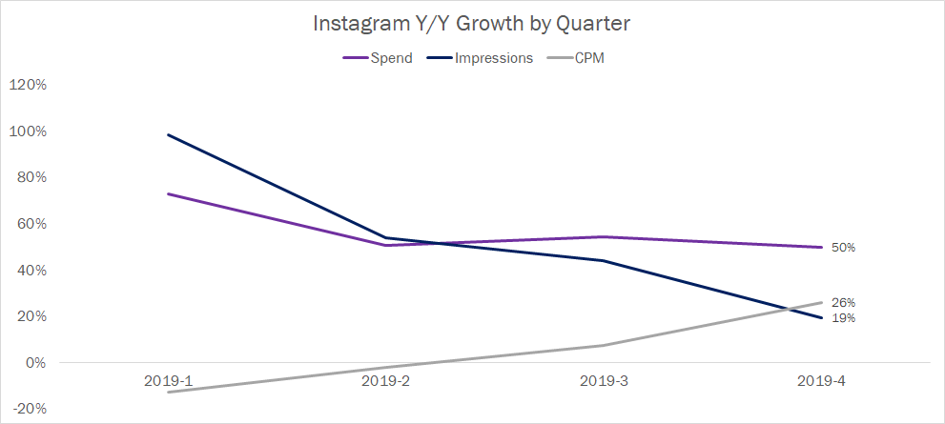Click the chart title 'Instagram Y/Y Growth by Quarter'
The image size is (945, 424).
pyautogui.click(x=473, y=24)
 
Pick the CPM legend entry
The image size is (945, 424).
pyautogui.click(x=589, y=58)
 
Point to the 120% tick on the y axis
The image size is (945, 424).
pyautogui.click(x=28, y=85)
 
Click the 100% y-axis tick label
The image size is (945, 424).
pyautogui.click(x=28, y=131)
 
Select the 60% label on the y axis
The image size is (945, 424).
pyautogui.click(x=31, y=224)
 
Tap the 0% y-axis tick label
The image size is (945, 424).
pyautogui.click(x=34, y=363)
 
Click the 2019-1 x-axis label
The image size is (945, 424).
pyautogui.click(x=168, y=381)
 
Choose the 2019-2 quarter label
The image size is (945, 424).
pyautogui.click(x=385, y=381)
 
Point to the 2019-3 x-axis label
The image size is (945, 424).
pyautogui.click(x=604, y=381)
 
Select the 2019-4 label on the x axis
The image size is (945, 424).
pyautogui.click(x=821, y=381)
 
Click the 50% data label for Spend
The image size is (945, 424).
pyautogui.click(x=843, y=248)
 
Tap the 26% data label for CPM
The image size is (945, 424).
pyautogui.click(x=843, y=303)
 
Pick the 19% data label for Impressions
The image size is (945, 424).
pyautogui.click(x=843, y=318)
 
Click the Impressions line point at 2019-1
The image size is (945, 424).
pyautogui.click(x=168, y=135)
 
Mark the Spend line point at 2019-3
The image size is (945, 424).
pyautogui.click(x=604, y=236)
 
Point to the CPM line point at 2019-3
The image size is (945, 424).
pyautogui.click(x=604, y=345)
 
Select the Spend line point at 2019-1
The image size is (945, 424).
pyautogui.click(x=168, y=194)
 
